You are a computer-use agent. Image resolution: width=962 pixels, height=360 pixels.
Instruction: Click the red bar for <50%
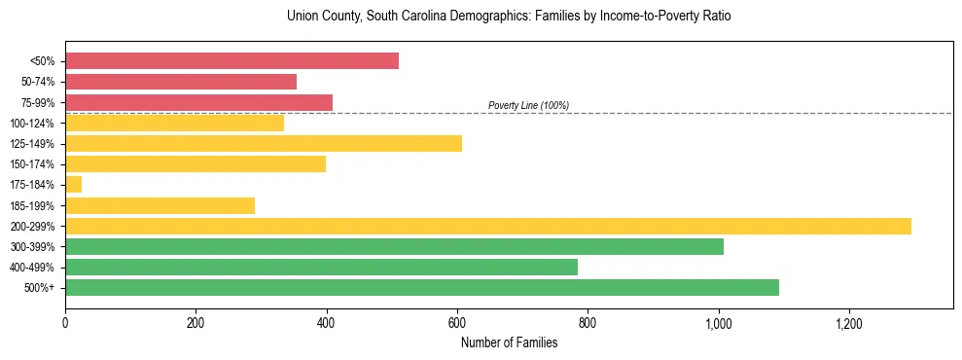tap(232, 61)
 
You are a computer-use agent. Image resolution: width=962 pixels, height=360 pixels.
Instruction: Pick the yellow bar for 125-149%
tap(264, 144)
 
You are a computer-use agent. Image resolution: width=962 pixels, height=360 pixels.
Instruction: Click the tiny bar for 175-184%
tap(74, 185)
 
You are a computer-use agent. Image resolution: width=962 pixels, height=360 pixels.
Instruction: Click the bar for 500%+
tap(422, 287)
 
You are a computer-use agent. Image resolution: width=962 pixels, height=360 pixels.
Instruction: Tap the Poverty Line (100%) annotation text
tap(528, 105)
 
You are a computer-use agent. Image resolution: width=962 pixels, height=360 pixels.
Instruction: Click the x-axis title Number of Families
tap(509, 342)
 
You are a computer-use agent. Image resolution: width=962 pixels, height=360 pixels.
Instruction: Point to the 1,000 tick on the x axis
tap(719, 322)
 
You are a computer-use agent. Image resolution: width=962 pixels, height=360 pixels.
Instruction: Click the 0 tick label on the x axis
tap(65, 322)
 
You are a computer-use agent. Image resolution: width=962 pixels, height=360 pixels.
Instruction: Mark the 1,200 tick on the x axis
tap(849, 322)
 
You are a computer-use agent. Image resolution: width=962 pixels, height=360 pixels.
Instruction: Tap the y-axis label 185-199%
tap(32, 205)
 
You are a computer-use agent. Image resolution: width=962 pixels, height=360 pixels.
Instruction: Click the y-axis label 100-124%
tap(32, 124)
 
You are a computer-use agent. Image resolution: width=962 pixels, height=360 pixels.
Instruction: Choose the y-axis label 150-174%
tap(32, 164)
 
